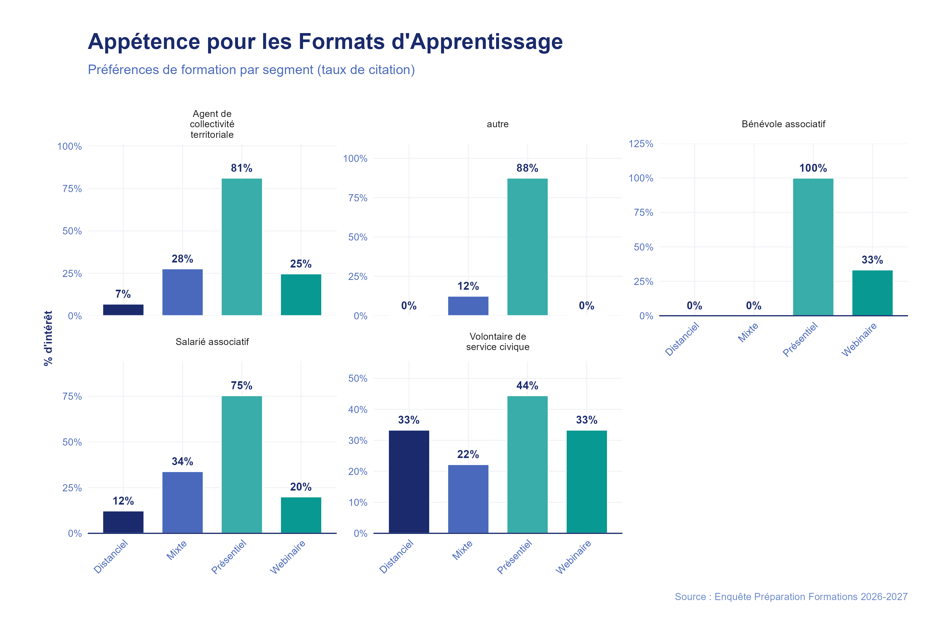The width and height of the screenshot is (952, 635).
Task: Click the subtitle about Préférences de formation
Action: [251, 70]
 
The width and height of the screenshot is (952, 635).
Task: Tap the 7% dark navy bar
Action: [123, 310]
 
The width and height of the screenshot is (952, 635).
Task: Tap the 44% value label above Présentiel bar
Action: [527, 385]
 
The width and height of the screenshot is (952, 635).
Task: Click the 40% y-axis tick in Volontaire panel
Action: [358, 409]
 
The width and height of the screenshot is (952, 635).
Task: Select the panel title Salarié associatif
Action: [212, 342]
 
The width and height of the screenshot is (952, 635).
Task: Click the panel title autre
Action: [497, 124]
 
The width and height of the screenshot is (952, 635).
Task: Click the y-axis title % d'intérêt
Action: [48, 338]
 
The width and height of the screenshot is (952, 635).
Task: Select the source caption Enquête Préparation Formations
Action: [791, 597]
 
